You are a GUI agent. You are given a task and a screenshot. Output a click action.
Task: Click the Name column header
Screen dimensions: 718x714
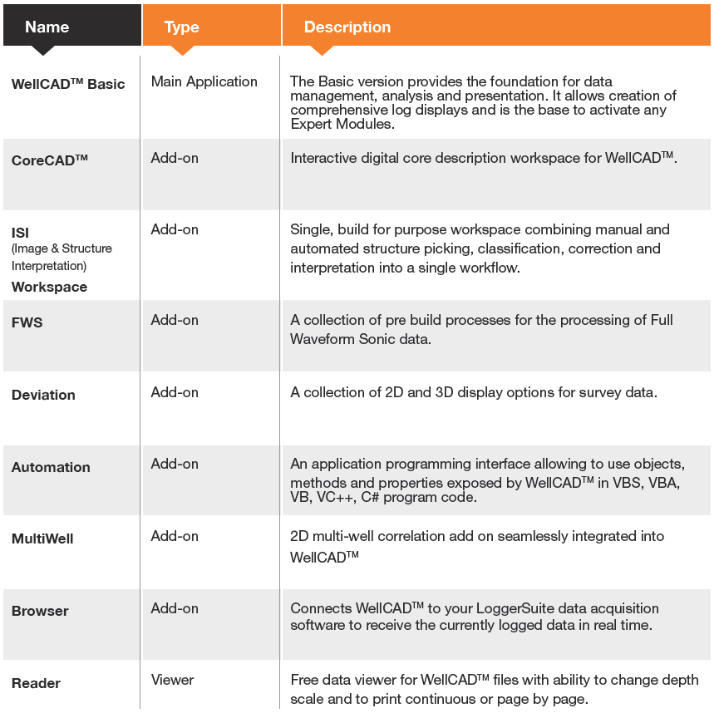click(47, 27)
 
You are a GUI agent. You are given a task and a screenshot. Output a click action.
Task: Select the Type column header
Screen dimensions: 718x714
click(181, 27)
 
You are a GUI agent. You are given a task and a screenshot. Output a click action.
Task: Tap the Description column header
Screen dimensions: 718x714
click(347, 27)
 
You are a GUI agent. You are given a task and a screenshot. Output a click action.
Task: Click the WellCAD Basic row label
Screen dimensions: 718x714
click(68, 83)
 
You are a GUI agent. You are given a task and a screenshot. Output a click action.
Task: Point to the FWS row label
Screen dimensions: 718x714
click(27, 322)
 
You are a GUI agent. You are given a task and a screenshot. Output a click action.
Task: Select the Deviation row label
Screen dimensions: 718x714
click(43, 395)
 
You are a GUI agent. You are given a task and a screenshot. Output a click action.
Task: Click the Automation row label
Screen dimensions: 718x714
click(51, 467)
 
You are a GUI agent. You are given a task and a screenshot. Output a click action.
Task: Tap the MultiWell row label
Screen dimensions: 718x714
click(42, 538)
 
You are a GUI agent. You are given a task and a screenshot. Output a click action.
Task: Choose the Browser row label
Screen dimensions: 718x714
click(40, 611)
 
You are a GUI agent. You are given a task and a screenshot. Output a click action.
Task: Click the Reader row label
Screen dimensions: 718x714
click(36, 683)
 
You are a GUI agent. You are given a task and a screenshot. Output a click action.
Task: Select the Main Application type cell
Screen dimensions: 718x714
click(204, 81)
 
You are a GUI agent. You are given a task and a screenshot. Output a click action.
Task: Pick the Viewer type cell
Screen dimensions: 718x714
click(172, 680)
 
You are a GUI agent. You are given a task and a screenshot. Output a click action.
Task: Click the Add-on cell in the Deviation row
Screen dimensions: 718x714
click(175, 392)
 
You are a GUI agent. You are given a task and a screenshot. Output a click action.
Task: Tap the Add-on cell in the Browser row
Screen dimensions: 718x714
click(175, 608)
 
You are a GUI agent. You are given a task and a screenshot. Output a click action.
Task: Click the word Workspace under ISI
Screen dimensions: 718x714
click(49, 287)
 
